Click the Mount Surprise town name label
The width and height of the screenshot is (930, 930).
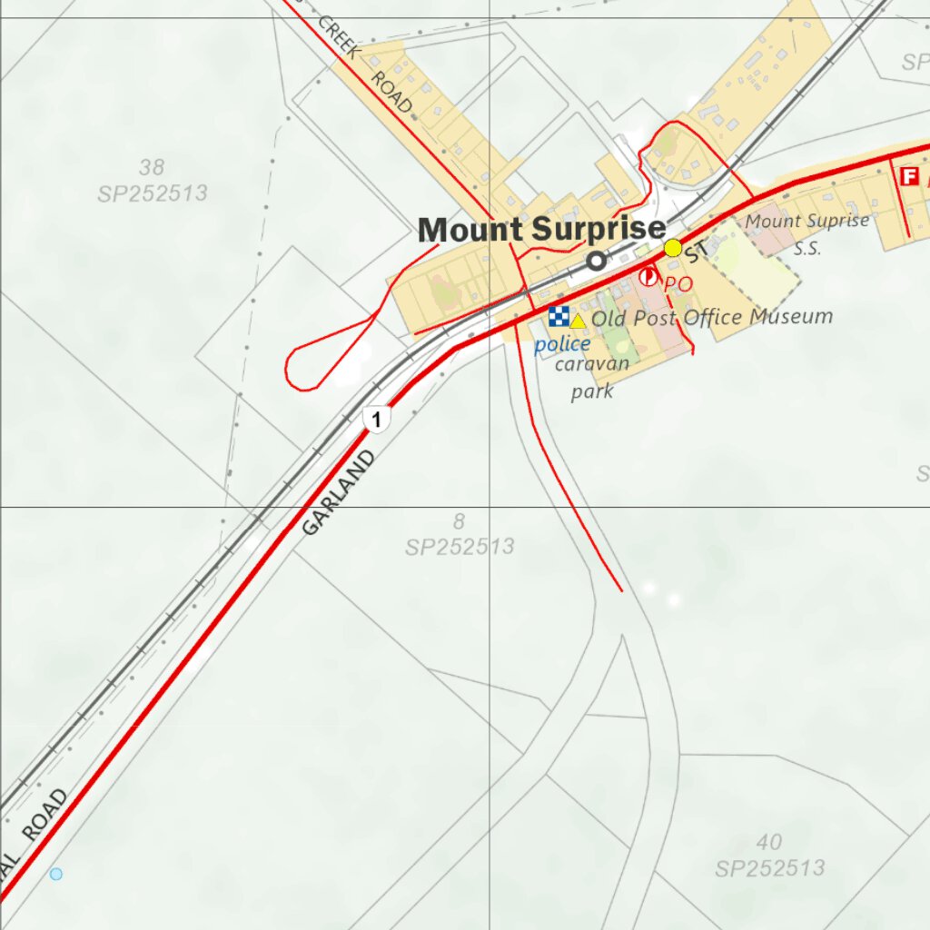tap(541, 230)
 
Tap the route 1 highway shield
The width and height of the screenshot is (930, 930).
tap(376, 420)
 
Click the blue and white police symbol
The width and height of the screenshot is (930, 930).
tap(558, 316)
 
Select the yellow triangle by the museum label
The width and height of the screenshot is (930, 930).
tap(578, 321)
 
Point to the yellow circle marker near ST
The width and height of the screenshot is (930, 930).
tap(673, 248)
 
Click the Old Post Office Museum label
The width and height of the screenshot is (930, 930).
tap(712, 318)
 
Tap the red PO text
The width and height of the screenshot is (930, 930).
tap(678, 284)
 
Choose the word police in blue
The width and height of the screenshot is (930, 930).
tap(562, 344)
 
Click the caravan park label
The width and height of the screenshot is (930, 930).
tap(591, 378)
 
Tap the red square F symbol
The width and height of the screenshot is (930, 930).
tap(907, 177)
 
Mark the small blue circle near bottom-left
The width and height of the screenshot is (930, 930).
tap(56, 874)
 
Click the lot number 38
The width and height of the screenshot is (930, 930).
tap(152, 167)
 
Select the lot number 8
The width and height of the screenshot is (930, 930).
tap(459, 521)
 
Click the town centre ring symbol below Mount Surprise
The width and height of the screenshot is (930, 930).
tap(596, 262)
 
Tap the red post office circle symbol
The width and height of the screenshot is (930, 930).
tap(648, 277)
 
